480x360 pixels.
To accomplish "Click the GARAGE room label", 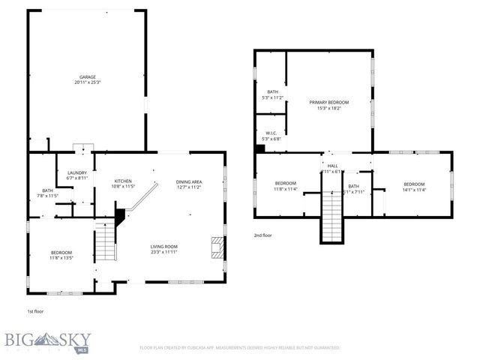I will point(88,76).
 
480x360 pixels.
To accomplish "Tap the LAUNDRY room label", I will point(78,172).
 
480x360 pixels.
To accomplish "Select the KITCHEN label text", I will point(123,181).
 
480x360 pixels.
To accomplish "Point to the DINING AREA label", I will point(188,182).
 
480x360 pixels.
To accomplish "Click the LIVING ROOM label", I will point(163,246).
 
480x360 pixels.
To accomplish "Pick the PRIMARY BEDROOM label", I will point(328,102).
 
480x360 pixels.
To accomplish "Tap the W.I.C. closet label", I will point(271,133).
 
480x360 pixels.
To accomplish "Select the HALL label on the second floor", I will point(332,166).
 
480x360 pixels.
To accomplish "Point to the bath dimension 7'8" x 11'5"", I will point(48,196).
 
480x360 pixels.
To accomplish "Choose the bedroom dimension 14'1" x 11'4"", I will point(414,190).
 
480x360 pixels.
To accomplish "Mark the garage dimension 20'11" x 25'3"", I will point(88,82).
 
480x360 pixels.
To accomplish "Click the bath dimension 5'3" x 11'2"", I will point(272,97).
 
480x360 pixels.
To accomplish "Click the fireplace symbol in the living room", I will point(217,247).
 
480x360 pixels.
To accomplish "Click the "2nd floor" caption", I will point(264,235).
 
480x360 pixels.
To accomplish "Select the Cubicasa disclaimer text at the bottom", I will point(240,348).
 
